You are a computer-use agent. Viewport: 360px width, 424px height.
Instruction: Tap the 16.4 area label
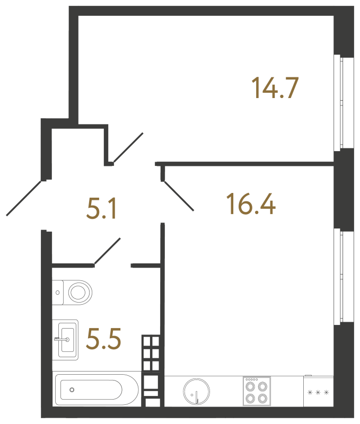(251, 204)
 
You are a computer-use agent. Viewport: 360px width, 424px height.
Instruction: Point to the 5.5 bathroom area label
(104, 339)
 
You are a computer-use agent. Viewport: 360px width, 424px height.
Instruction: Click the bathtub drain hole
(72, 391)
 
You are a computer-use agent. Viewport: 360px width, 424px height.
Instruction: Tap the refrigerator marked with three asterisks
(318, 393)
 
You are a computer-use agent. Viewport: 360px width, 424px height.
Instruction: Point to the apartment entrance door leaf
(24, 198)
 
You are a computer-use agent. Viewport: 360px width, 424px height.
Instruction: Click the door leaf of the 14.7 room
(128, 147)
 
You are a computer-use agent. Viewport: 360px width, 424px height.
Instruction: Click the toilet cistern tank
(57, 291)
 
